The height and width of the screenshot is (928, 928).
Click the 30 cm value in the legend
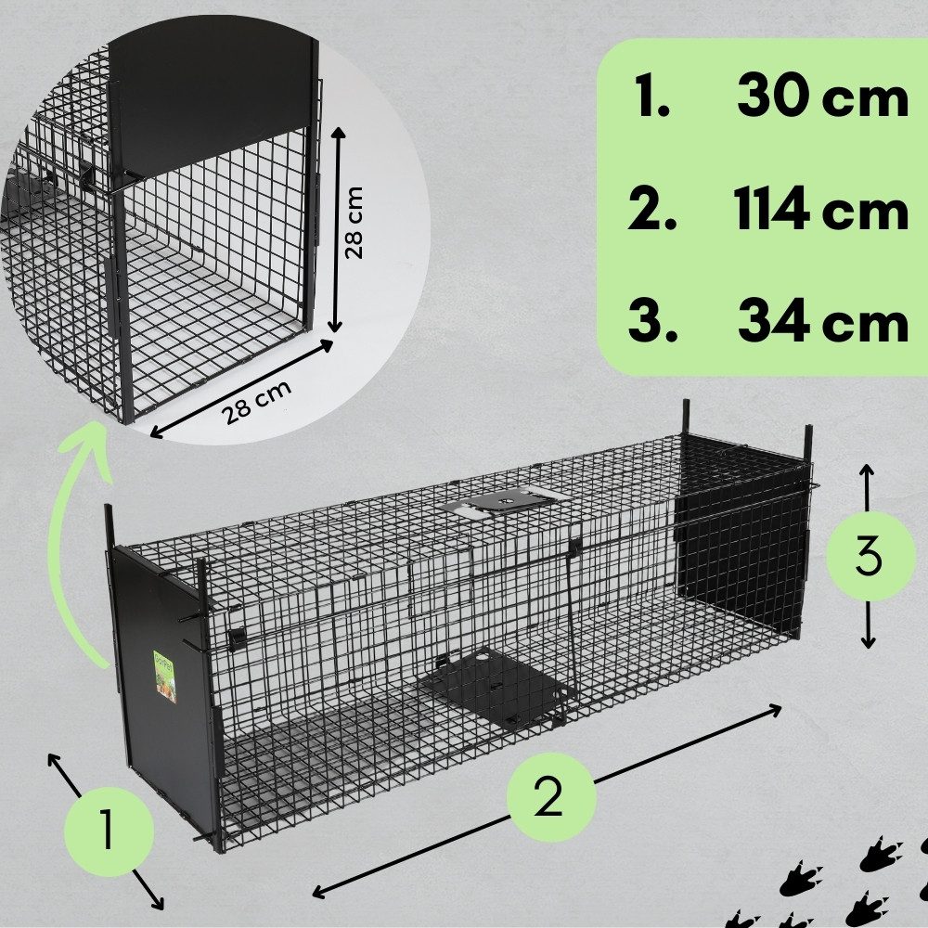(822, 97)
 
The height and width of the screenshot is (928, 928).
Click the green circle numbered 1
(109, 831)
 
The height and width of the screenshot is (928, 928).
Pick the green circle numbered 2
(550, 796)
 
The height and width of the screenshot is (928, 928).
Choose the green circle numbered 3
(868, 556)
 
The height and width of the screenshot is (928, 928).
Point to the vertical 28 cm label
(354, 223)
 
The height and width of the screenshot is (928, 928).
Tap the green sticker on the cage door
(164, 677)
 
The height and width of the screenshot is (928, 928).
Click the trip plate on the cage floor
(495, 687)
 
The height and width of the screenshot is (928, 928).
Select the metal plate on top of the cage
(500, 503)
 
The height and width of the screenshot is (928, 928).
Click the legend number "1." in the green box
(651, 97)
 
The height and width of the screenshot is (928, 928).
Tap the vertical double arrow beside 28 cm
(337, 229)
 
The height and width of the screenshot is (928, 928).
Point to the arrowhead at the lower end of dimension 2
(319, 892)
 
